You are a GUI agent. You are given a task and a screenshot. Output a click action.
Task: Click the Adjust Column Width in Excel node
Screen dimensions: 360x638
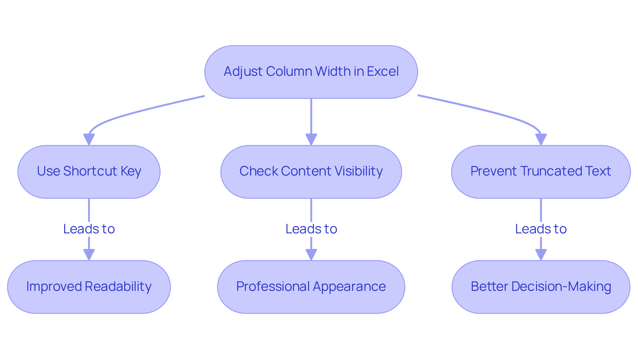click(311, 72)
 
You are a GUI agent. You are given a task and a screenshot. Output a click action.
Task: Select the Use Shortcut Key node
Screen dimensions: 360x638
click(89, 172)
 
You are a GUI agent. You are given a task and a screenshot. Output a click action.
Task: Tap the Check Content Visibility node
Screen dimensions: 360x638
click(311, 172)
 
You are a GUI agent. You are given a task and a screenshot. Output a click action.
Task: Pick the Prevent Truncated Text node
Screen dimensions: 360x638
click(541, 172)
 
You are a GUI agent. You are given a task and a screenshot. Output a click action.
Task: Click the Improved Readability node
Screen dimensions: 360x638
click(89, 287)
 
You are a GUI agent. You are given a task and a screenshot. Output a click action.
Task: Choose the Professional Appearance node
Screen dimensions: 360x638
click(311, 287)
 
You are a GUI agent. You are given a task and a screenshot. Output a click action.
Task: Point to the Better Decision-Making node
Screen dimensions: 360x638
click(541, 287)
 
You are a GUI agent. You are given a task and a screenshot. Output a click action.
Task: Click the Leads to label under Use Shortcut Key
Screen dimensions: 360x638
click(89, 229)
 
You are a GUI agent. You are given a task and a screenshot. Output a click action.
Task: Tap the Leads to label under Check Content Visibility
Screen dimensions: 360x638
click(311, 229)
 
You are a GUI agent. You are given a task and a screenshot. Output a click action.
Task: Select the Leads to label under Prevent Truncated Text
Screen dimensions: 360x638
click(541, 229)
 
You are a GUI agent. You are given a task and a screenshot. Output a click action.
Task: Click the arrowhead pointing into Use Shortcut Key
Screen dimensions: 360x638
click(89, 139)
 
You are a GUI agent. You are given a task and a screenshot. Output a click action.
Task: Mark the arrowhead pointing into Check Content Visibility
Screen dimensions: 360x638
click(311, 139)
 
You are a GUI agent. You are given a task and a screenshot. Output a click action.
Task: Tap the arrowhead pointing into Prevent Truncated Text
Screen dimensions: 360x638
click(541, 139)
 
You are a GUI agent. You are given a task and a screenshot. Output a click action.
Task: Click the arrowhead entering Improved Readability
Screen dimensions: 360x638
click(89, 255)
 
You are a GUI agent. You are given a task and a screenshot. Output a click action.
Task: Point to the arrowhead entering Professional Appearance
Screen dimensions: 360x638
click(311, 255)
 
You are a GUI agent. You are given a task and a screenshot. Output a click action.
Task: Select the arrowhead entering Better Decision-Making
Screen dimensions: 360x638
click(541, 255)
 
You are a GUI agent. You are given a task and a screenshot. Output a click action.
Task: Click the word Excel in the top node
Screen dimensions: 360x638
click(383, 71)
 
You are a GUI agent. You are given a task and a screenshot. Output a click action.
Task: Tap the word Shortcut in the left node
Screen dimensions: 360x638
click(90, 171)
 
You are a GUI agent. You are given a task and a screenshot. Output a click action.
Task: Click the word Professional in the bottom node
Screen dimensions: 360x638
click(272, 287)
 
